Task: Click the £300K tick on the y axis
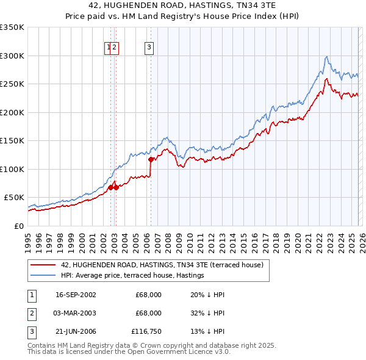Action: point(12,56)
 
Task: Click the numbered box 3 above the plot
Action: point(149,46)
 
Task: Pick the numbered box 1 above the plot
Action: point(109,46)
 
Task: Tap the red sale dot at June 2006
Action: point(151,159)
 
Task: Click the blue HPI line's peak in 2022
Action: point(327,57)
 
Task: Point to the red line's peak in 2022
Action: point(327,79)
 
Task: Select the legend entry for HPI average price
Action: point(132,276)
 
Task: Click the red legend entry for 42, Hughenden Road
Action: point(162,265)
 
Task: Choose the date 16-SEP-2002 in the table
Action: point(75,295)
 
